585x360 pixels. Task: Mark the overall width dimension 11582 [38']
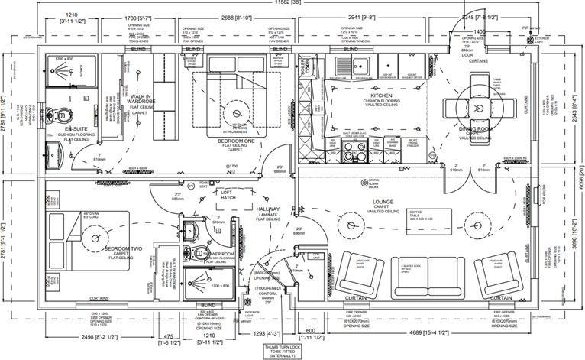click(292, 5)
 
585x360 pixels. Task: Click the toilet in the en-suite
click(62, 115)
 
